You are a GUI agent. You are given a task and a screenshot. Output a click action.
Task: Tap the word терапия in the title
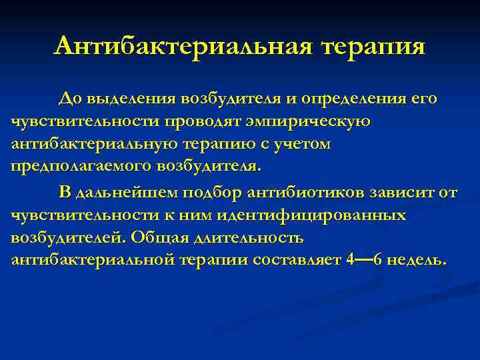373,47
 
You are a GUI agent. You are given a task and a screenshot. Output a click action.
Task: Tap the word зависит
397,193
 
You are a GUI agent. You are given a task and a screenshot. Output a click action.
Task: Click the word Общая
157,237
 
